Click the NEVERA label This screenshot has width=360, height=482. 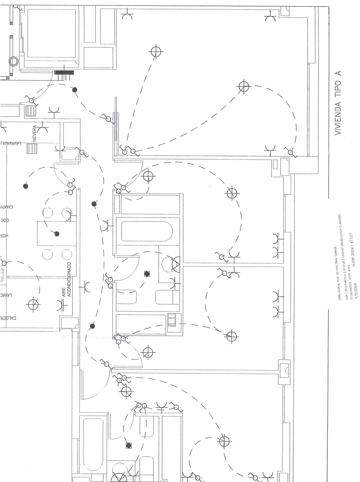(x=34, y=133)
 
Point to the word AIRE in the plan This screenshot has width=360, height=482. (x=64, y=293)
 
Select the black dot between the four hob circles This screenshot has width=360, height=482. (x=57, y=234)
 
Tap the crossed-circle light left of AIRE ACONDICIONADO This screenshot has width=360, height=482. (x=33, y=304)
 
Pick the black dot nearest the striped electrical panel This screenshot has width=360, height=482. (x=75, y=89)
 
